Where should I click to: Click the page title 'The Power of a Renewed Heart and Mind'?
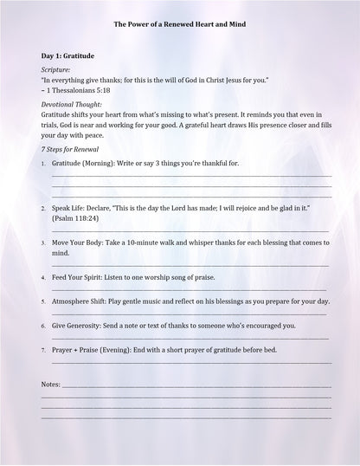tap(179, 25)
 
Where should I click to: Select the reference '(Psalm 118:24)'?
tap(75, 219)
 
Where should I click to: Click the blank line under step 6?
tap(190, 338)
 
